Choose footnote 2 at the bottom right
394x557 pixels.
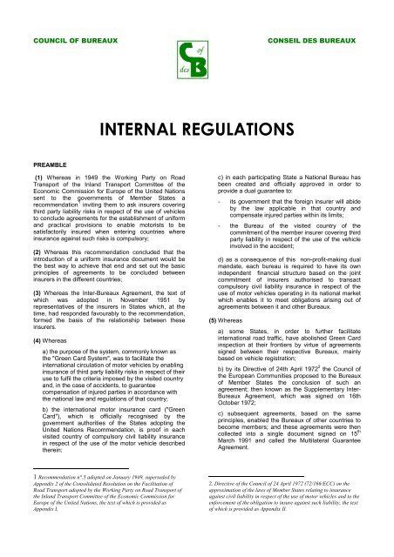click(x=299, y=517)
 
